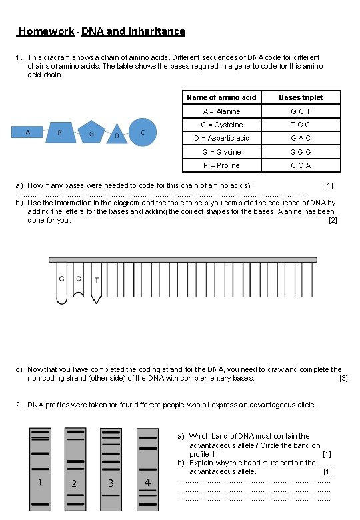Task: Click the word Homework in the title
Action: (x=47, y=31)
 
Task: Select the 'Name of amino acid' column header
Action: (x=221, y=97)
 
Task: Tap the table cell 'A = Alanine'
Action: (x=221, y=111)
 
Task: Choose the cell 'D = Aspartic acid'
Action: (x=221, y=138)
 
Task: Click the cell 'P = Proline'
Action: (x=221, y=165)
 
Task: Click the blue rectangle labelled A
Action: (x=29, y=132)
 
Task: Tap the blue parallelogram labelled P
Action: (x=61, y=133)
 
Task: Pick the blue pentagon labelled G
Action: (x=92, y=134)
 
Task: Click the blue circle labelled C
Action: (x=143, y=133)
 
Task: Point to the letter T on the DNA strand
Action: (x=96, y=280)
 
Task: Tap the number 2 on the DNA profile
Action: (x=74, y=483)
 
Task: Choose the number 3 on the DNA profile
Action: (x=111, y=483)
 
